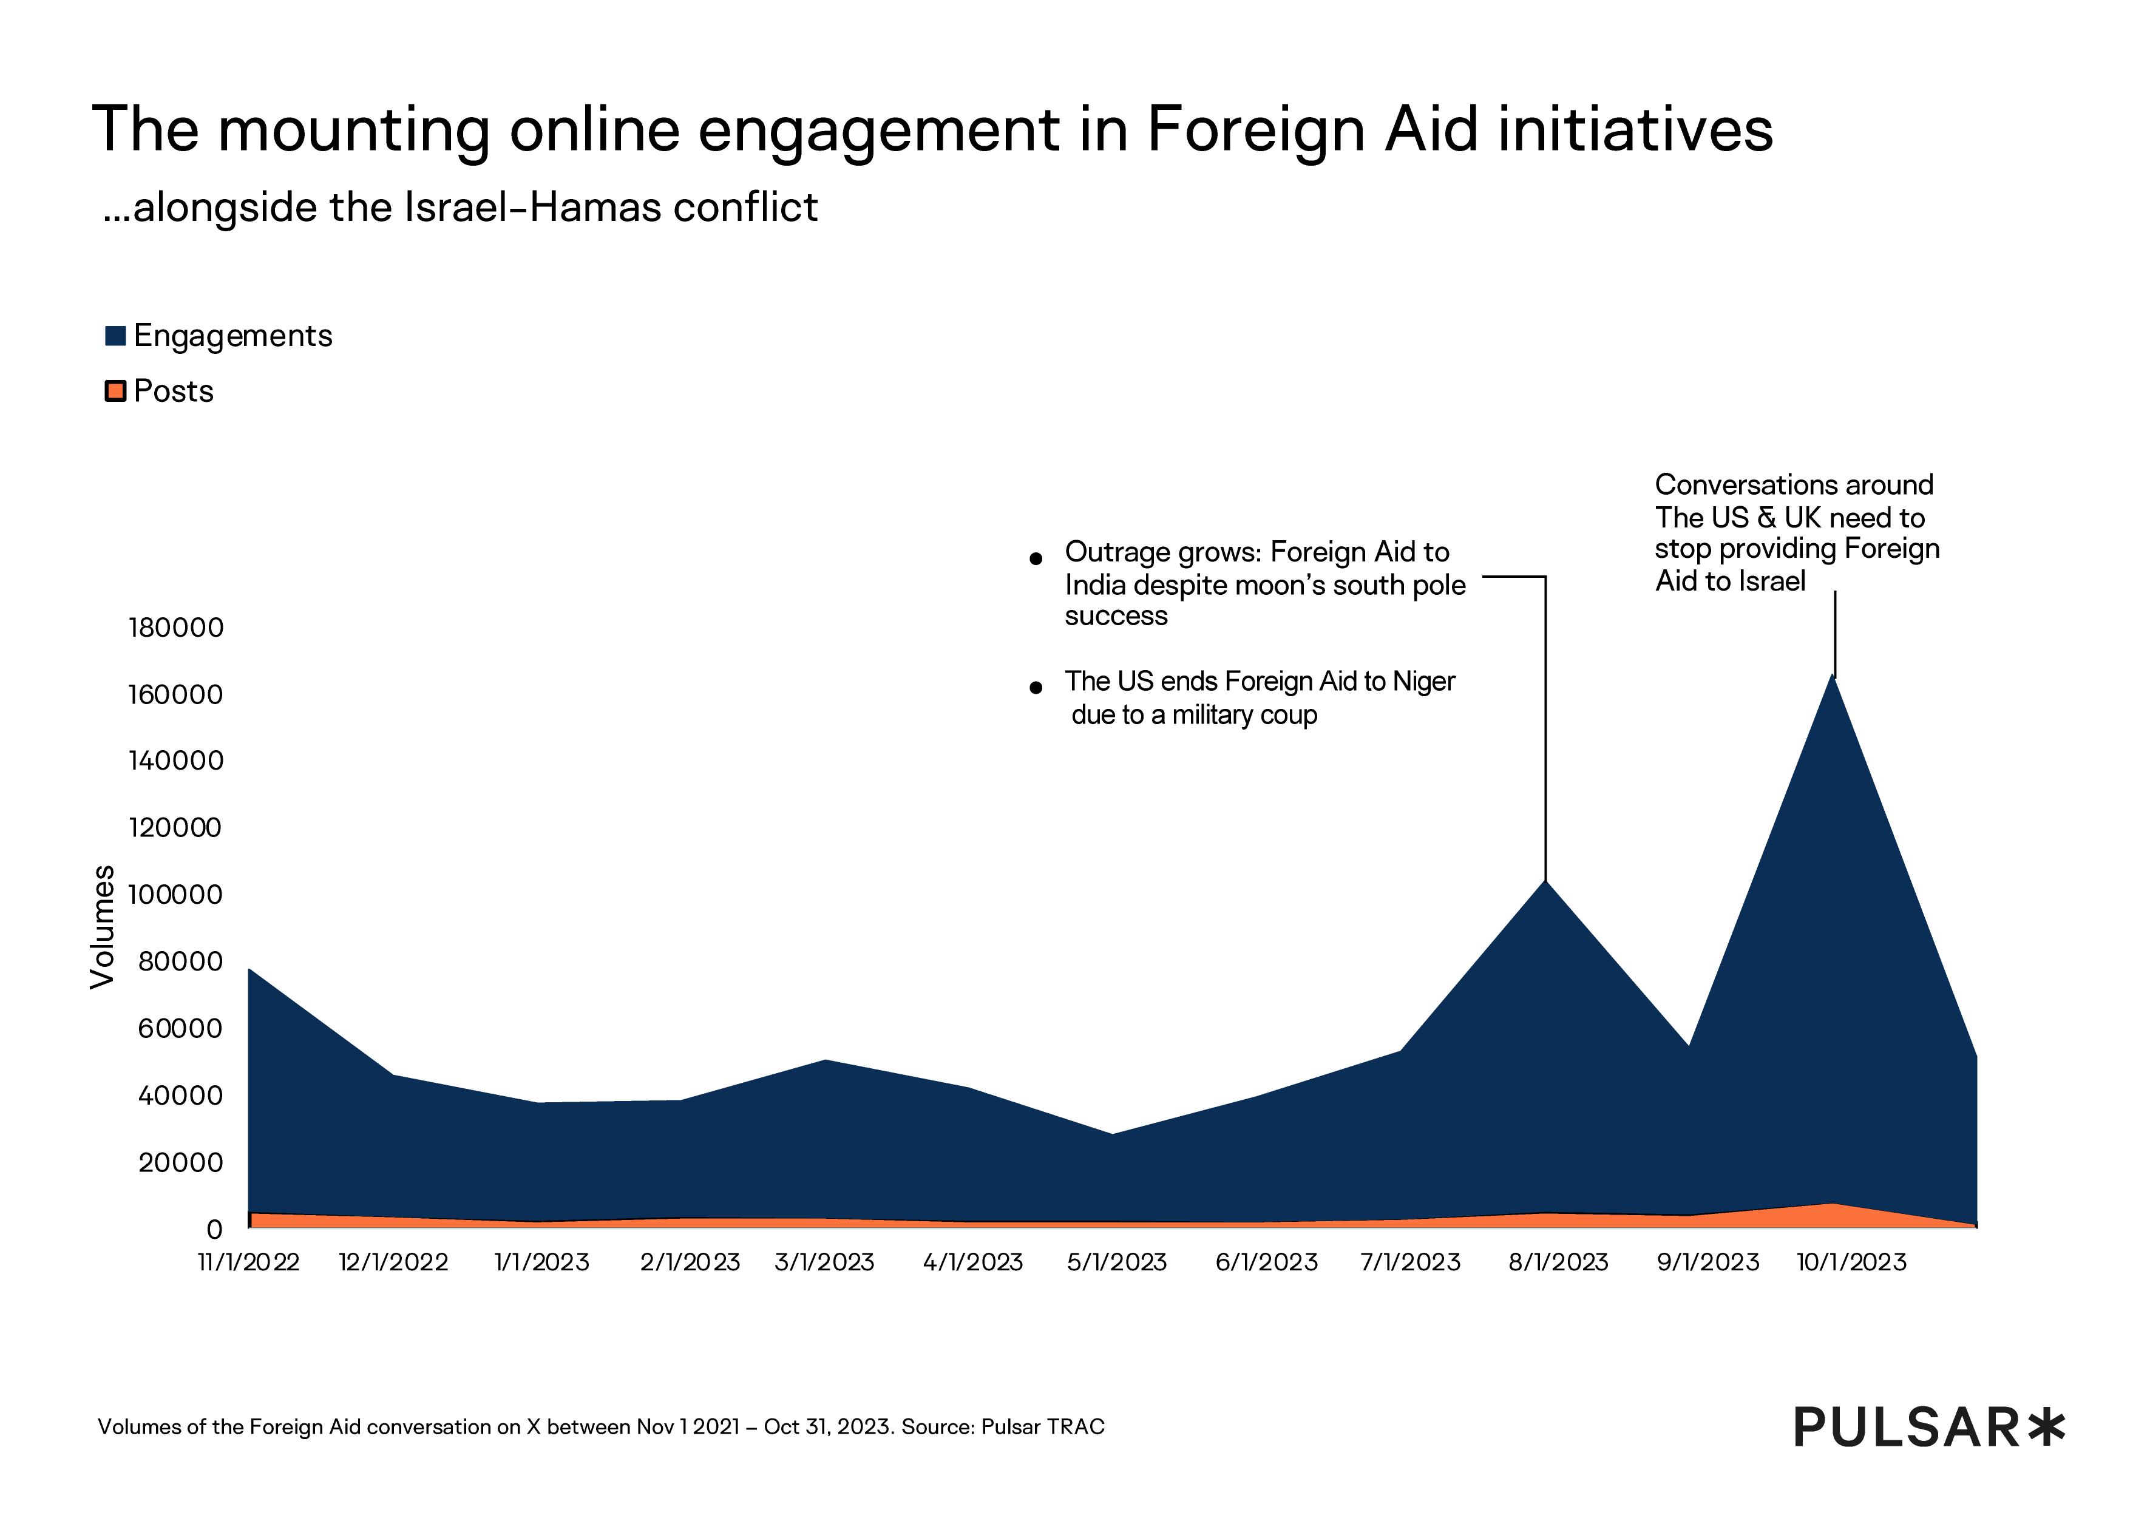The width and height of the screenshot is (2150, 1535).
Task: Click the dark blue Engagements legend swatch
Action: (x=115, y=336)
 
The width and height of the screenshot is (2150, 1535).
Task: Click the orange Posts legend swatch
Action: (x=115, y=391)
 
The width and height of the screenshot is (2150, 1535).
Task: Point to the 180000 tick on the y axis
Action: (x=176, y=628)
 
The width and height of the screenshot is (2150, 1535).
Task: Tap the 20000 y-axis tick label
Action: (x=180, y=1162)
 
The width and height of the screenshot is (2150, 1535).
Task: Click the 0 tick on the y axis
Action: (x=214, y=1230)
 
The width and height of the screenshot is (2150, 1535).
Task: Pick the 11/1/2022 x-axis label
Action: (x=248, y=1263)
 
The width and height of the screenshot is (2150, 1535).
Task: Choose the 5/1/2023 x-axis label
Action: (x=1117, y=1263)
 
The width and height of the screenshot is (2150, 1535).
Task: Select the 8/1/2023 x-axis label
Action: (x=1558, y=1263)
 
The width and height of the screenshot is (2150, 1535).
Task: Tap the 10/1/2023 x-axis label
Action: (x=1851, y=1263)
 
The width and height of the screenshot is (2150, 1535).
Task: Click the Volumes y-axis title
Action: (x=102, y=927)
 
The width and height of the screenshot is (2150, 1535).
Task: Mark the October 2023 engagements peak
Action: (x=1833, y=677)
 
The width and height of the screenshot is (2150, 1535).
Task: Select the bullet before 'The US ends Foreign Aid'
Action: (x=1036, y=688)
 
